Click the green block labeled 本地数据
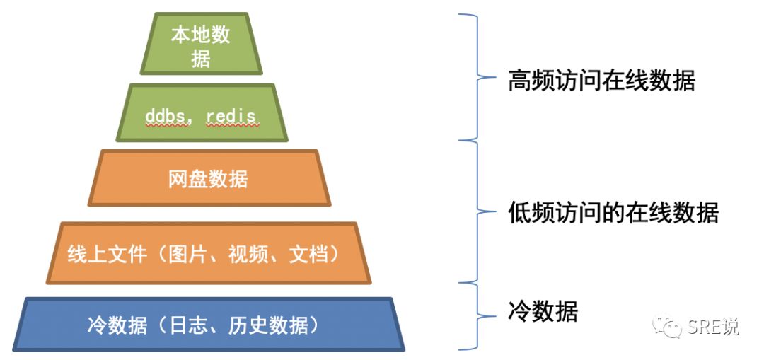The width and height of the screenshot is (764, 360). pyautogui.click(x=201, y=44)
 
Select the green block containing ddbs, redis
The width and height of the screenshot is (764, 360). pyautogui.click(x=202, y=113)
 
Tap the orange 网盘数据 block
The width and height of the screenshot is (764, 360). pyautogui.click(x=209, y=178)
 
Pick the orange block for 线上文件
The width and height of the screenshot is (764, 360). pyautogui.click(x=209, y=253)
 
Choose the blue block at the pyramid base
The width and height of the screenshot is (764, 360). pyautogui.click(x=209, y=325)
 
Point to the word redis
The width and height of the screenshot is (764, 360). pyautogui.click(x=232, y=115)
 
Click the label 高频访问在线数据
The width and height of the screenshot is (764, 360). pyautogui.click(x=601, y=81)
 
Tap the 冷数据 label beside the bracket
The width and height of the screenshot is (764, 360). pyautogui.click(x=543, y=310)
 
